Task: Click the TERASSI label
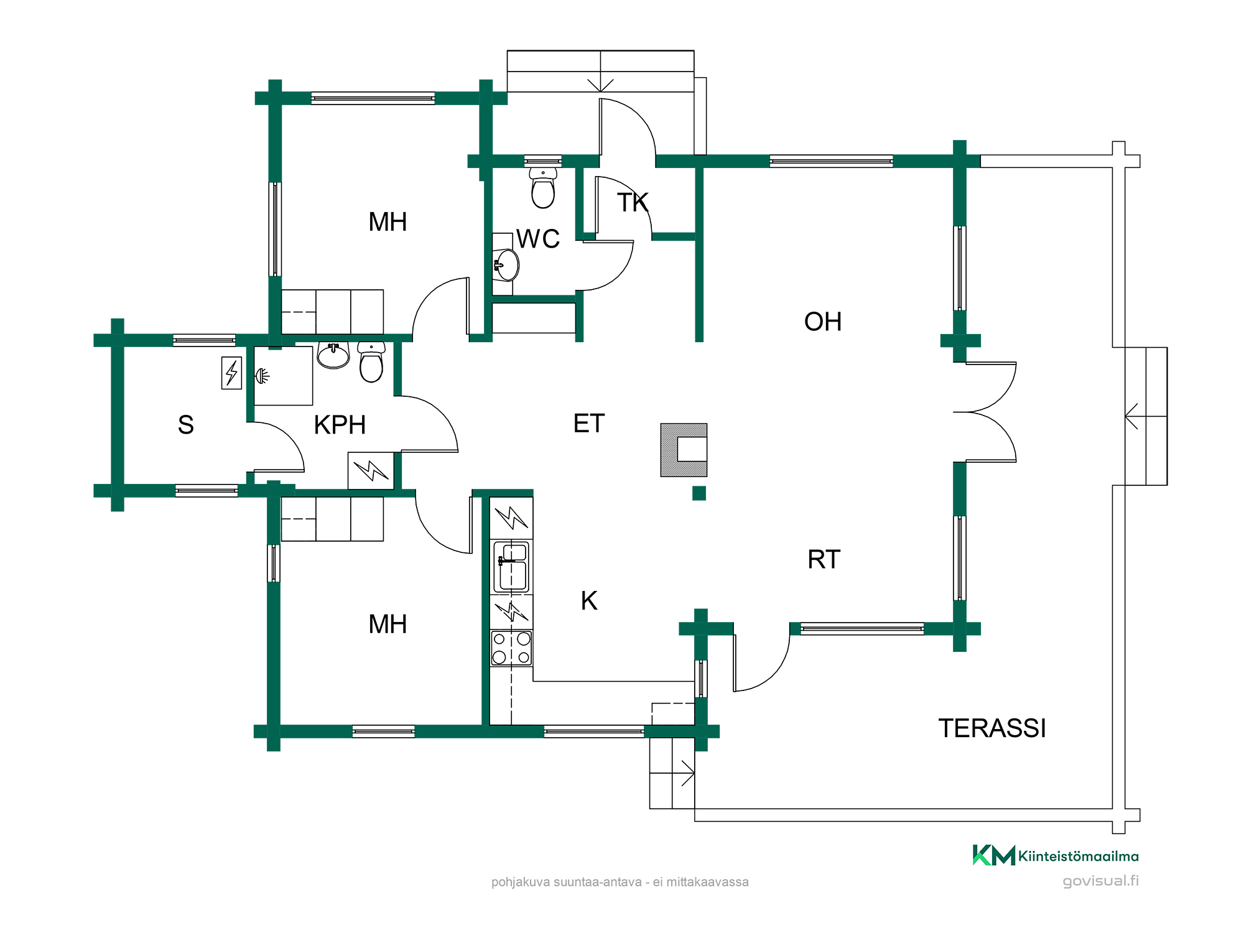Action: (992, 728)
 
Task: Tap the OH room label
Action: (823, 322)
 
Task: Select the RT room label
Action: (824, 559)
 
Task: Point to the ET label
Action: (589, 424)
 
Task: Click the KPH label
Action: (340, 425)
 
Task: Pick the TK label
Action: (633, 202)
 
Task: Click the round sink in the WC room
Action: (506, 266)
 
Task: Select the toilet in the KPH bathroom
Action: (371, 362)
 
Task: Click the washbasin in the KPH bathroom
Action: (333, 356)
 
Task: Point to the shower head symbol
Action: (262, 376)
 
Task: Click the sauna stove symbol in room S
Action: (231, 373)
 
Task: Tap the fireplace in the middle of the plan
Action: (684, 450)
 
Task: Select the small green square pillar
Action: (699, 493)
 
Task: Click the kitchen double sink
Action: (511, 567)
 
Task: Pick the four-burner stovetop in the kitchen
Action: (511, 648)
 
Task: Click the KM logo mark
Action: (994, 855)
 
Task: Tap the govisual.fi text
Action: (1100, 881)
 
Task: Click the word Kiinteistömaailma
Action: (1079, 856)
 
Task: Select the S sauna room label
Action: (186, 425)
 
